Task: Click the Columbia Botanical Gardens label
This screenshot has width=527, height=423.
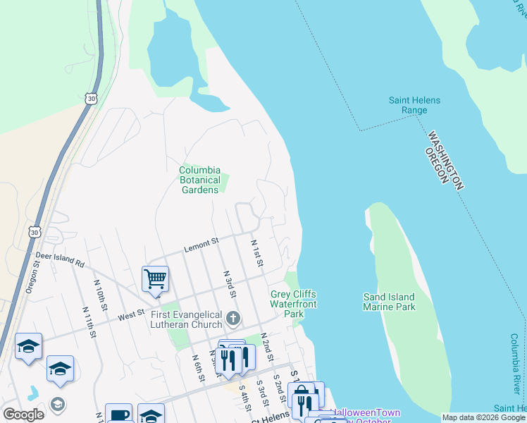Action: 200,180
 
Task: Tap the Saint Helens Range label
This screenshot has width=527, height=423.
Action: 414,105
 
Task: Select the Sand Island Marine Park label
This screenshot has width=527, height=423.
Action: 389,302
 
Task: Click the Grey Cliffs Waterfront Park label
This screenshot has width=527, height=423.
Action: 293,304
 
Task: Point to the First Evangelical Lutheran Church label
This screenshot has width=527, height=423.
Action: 187,321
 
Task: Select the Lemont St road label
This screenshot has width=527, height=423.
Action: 202,245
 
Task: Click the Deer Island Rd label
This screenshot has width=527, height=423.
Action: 60,259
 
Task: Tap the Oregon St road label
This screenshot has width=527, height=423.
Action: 32,278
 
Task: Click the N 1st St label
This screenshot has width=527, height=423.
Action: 257,252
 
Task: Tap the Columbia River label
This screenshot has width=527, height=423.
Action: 515,364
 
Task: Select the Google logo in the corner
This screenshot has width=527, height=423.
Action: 23,415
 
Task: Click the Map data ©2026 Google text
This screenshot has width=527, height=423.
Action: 483,417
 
